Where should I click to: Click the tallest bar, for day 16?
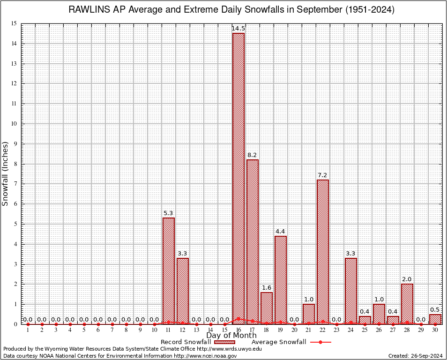point(238,178)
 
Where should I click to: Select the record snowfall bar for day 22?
point(322,252)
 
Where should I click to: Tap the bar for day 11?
point(168,270)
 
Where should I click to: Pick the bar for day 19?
point(280,280)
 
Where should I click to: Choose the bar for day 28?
point(407,303)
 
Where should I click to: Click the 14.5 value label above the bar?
point(238,29)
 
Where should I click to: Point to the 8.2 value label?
point(252,155)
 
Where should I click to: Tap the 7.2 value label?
point(322,175)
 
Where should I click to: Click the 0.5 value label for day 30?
point(435,310)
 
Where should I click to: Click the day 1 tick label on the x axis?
point(28,330)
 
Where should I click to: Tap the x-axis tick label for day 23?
point(336,330)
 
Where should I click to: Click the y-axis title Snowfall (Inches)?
point(6,173)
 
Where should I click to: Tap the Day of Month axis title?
point(231,336)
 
